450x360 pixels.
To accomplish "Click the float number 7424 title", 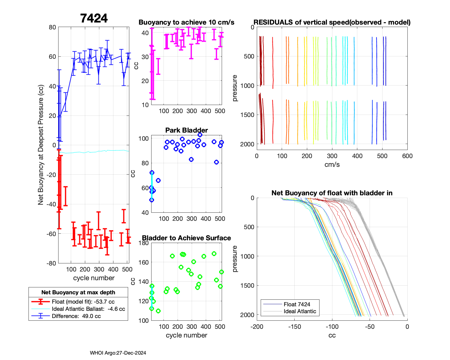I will [94, 19].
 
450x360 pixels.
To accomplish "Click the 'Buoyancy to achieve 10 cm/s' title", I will [186, 22].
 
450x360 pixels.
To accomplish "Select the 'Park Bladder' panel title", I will [186, 130].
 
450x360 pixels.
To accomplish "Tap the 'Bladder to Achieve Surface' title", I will [186, 238].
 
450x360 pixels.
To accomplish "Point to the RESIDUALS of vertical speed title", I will [332, 22].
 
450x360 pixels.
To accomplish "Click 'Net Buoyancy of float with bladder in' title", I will [332, 193].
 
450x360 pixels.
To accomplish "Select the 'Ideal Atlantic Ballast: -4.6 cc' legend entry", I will [88, 309].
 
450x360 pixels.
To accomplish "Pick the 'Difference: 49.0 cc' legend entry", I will [76, 316].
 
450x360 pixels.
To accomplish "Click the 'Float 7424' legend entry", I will [297, 304].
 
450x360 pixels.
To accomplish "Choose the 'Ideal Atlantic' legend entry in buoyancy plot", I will [300, 311].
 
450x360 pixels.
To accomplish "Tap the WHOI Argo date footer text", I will [118, 353].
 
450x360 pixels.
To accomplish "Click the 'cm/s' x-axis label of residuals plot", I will [332, 165].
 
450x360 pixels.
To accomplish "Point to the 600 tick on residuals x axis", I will [407, 156].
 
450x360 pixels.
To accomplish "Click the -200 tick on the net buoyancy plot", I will [257, 327].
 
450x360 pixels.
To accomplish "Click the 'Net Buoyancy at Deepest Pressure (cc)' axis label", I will [41, 145].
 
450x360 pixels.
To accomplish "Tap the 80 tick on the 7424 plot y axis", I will [52, 27].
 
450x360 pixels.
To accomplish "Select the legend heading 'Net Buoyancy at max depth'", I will [78, 292].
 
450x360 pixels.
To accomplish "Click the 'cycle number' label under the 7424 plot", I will [94, 278].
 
